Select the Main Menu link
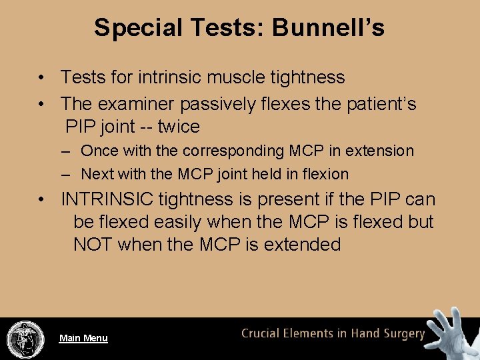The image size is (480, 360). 83,338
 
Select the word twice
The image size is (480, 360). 179,126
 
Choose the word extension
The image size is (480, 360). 383,151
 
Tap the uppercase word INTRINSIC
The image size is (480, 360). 115,199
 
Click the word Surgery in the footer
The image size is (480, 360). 401,333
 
